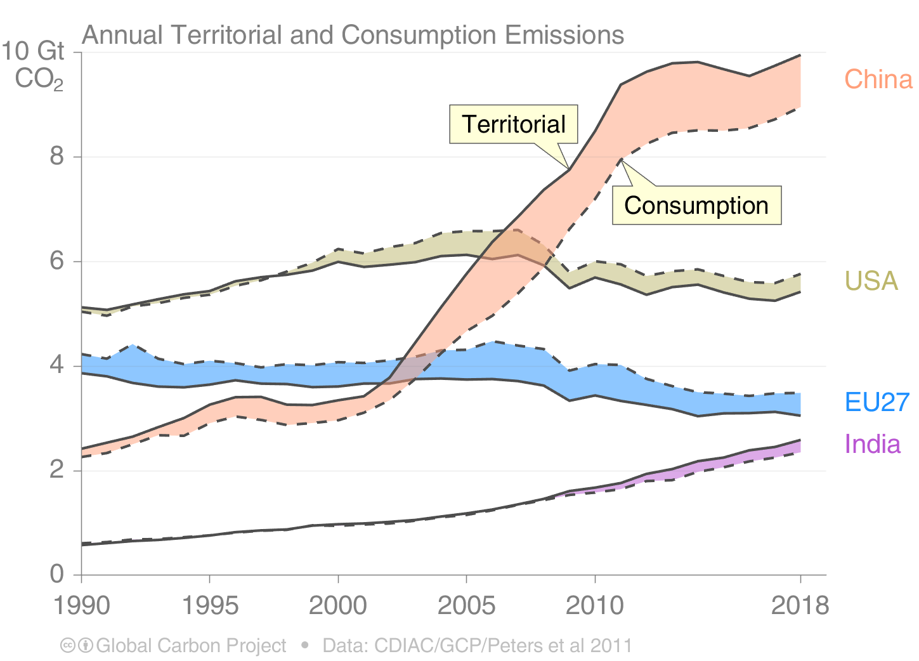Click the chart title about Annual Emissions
point(353,35)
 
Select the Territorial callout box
point(513,124)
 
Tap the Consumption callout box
point(696,206)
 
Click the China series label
point(878,79)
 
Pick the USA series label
point(871,281)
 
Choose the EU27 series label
point(877,402)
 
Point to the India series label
point(872,444)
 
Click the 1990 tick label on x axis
point(81,606)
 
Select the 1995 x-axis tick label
point(210,606)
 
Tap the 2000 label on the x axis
point(338,606)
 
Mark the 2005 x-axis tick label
point(467,606)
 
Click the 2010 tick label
point(595,606)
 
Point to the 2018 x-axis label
point(800,606)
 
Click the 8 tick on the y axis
point(57,156)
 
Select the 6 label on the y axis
point(57,261)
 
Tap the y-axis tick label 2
point(57,470)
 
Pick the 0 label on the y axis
point(57,574)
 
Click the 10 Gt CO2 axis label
point(35,65)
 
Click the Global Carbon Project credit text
point(191,646)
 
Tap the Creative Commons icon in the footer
point(68,646)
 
